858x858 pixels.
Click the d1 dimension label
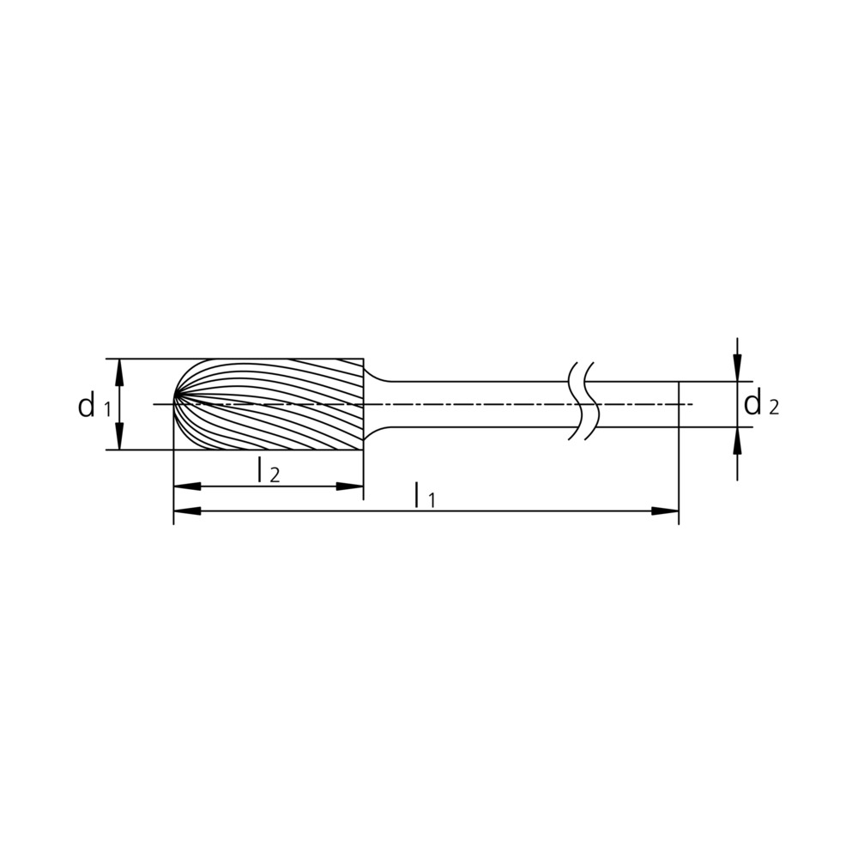click(94, 406)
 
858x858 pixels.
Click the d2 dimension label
click(761, 404)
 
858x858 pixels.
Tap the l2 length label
click(269, 470)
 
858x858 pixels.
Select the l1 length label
click(425, 495)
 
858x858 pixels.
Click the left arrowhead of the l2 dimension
click(186, 486)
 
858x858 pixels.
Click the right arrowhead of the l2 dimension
click(350, 486)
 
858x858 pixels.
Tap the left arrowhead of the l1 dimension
click(186, 511)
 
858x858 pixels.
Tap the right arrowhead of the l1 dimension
click(665, 511)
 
